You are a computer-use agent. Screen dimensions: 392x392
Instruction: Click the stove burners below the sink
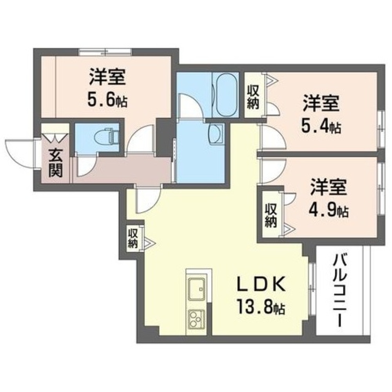(196, 318)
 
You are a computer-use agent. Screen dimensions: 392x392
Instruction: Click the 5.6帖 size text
(107, 101)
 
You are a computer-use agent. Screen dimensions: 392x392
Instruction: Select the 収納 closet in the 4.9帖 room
(270, 215)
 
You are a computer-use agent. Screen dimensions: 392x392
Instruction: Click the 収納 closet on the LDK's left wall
(132, 238)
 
